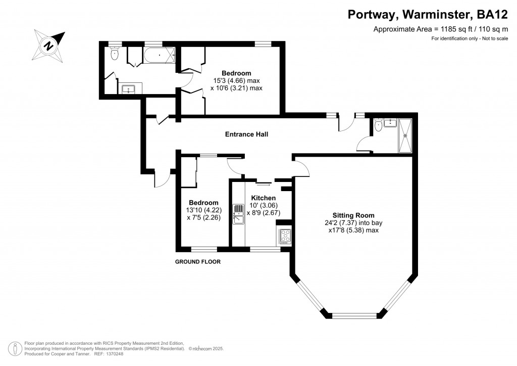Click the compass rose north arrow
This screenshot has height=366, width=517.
(x=49, y=45)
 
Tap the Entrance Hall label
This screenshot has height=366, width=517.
(x=246, y=134)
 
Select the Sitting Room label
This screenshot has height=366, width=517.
(x=353, y=215)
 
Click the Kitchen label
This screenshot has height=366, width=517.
(x=264, y=198)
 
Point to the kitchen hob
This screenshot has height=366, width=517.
(x=286, y=236)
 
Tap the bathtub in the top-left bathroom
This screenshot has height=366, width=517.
(x=159, y=55)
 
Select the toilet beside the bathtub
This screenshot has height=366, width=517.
(x=115, y=54)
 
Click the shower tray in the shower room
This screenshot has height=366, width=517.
(x=405, y=135)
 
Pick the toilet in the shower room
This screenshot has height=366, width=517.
(x=378, y=125)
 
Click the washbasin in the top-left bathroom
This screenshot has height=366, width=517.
(x=128, y=89)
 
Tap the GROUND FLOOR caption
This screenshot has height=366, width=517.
(x=198, y=262)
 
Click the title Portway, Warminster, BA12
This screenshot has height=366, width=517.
(x=428, y=15)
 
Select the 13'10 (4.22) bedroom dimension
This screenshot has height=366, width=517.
(x=204, y=210)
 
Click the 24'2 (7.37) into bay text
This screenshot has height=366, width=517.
(x=353, y=223)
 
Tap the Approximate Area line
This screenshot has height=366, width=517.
(x=441, y=29)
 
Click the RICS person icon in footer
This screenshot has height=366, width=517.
(x=15, y=348)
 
